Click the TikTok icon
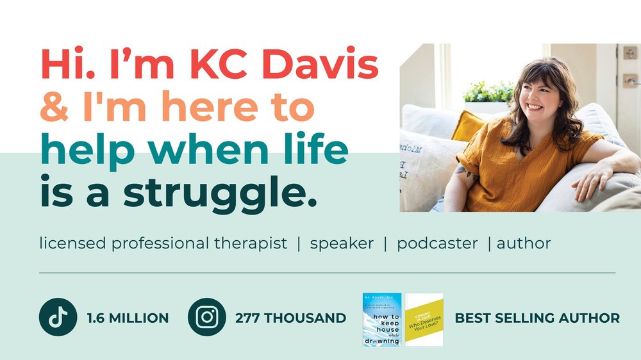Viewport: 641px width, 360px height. point(58,317)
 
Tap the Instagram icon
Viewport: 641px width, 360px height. point(206,317)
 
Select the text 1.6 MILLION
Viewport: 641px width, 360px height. point(128,318)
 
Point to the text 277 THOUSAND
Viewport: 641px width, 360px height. point(290,318)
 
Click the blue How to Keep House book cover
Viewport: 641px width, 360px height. point(382,320)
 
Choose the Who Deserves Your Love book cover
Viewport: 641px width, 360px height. point(424,320)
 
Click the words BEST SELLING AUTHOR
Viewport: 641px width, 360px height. point(537,318)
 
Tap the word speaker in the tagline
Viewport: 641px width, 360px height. point(342,244)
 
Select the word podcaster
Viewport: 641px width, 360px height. point(437,244)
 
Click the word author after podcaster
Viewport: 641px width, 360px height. point(524,244)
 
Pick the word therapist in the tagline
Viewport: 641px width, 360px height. point(254,244)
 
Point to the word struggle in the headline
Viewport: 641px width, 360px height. point(219,193)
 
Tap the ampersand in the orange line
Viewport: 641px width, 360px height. point(54,108)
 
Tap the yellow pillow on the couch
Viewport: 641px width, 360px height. point(470,126)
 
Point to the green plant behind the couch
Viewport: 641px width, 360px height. point(487,92)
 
